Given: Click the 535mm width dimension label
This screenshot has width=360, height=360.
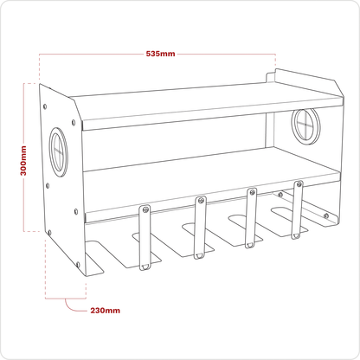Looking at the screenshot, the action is click(160, 54).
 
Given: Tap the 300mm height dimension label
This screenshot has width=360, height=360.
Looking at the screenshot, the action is click(23, 161).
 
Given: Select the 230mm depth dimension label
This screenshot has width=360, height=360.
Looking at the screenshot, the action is click(106, 311).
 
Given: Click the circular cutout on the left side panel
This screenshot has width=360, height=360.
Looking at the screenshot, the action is click(58, 151).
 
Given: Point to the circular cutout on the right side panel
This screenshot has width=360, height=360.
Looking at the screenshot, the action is click(305, 125).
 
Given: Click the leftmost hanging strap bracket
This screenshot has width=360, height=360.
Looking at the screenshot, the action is click(145, 238).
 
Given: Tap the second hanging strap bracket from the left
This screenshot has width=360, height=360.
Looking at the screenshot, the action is click(200, 228).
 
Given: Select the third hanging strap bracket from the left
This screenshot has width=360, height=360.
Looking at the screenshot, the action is click(251, 218).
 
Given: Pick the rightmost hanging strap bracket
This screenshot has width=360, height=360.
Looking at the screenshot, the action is click(298, 209).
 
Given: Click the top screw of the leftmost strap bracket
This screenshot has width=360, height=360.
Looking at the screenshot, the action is click(145, 209).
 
